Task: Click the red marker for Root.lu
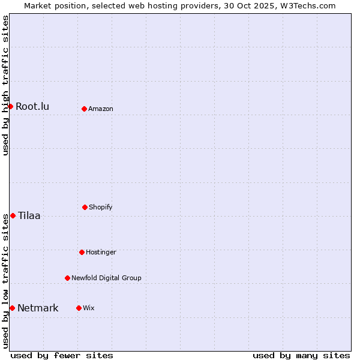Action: click(10, 106)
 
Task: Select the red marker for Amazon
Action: click(84, 109)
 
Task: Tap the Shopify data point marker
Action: click(85, 207)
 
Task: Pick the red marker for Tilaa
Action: click(13, 215)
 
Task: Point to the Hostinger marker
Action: click(82, 252)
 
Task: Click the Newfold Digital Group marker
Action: click(67, 278)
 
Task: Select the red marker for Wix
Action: click(79, 308)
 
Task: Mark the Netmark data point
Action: click(12, 308)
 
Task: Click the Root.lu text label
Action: click(32, 107)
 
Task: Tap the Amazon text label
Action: click(101, 109)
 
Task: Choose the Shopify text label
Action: click(101, 208)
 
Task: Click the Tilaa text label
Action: click(29, 216)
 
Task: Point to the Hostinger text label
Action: click(101, 253)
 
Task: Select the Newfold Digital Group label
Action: click(106, 278)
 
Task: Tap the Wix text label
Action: click(89, 308)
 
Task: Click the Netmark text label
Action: click(38, 308)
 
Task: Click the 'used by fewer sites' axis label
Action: click(62, 355)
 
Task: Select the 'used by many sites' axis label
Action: click(301, 355)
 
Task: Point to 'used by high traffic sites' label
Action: click(6, 85)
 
